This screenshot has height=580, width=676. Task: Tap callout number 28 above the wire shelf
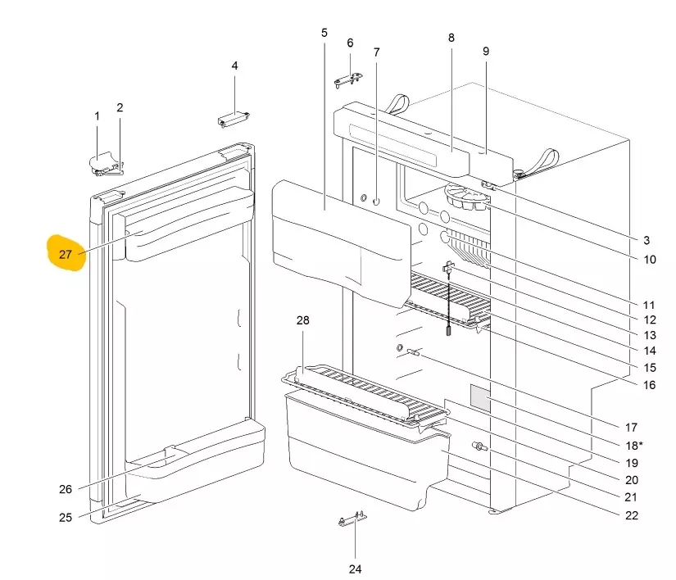click(303, 320)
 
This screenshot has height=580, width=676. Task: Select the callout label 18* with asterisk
click(635, 445)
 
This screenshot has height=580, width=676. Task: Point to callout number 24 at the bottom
click(355, 569)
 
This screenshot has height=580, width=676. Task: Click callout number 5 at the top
click(324, 33)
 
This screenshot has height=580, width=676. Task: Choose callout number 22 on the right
click(631, 515)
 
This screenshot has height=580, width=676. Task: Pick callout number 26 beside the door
click(66, 489)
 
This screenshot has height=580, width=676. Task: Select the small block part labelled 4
click(233, 120)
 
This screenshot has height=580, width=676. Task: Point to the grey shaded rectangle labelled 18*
click(479, 399)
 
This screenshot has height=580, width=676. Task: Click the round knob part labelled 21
click(478, 447)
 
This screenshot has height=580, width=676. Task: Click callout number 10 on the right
click(649, 260)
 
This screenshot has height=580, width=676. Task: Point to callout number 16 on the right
click(648, 385)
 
